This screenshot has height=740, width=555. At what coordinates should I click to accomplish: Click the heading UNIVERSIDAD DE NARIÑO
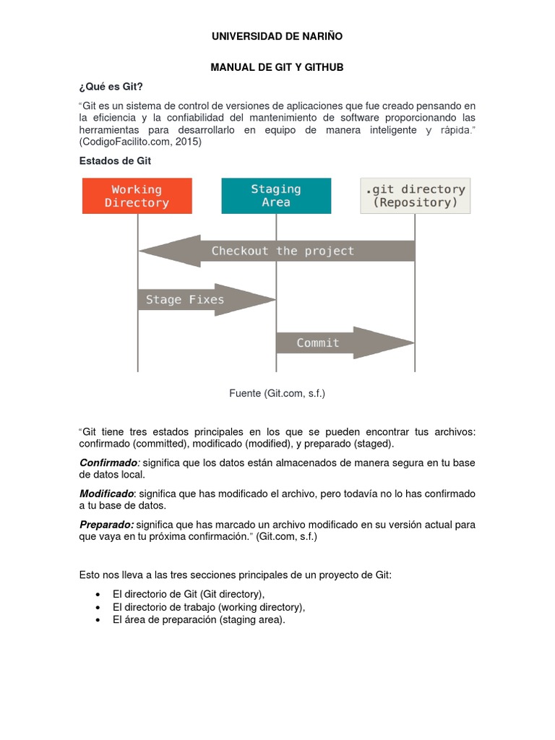[x=277, y=36]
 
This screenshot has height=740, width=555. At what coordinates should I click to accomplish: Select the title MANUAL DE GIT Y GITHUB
[x=277, y=67]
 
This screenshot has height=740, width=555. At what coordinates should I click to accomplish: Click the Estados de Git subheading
[x=115, y=161]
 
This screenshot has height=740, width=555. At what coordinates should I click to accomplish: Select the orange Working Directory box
[x=137, y=196]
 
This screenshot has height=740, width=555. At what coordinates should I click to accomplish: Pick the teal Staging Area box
[x=276, y=196]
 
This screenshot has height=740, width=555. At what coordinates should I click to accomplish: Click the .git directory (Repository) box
[x=415, y=196]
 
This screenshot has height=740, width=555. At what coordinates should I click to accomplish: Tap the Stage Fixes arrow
[x=195, y=299]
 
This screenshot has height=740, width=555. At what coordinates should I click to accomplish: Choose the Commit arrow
[x=332, y=343]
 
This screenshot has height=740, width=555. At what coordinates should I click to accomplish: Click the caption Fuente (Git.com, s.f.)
[x=277, y=393]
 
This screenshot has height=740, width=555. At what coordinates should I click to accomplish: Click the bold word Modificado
[x=106, y=494]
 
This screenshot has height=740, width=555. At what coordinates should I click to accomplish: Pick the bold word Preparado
[x=106, y=525]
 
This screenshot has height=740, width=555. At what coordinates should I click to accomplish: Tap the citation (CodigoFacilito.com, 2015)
[x=140, y=142]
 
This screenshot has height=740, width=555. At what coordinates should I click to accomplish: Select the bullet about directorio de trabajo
[x=209, y=606]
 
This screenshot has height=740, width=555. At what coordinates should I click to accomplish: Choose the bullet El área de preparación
[x=199, y=619]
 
